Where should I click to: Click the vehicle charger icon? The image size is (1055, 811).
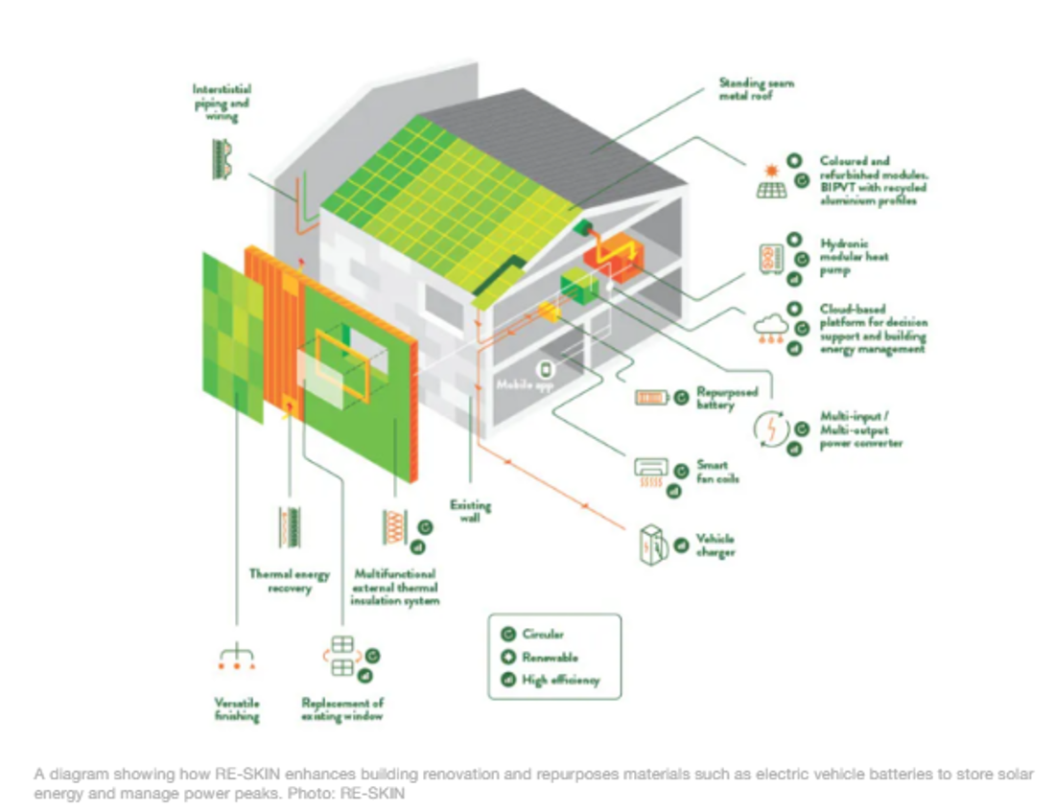pos(651,545)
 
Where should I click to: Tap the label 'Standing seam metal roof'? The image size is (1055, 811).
pos(755,89)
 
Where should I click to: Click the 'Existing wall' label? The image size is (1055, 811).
pos(470,511)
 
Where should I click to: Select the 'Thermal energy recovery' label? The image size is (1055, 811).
pos(289,581)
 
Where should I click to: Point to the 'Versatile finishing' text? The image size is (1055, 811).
pos(236,709)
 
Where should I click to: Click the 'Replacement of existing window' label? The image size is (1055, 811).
pos(342,709)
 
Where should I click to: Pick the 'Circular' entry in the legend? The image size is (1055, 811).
pos(543,635)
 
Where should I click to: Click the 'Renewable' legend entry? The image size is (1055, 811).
pos(550,658)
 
